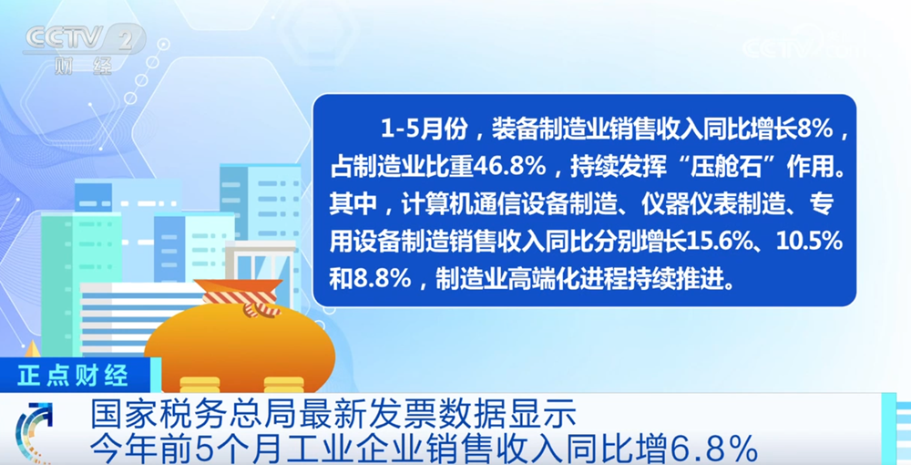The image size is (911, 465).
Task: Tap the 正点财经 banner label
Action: click(73, 376)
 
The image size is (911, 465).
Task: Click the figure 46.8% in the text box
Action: click(509, 168)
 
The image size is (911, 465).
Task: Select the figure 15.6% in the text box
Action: click(721, 242)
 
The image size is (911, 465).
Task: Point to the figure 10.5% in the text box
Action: click(809, 242)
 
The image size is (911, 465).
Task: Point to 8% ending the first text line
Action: click(815, 129)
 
